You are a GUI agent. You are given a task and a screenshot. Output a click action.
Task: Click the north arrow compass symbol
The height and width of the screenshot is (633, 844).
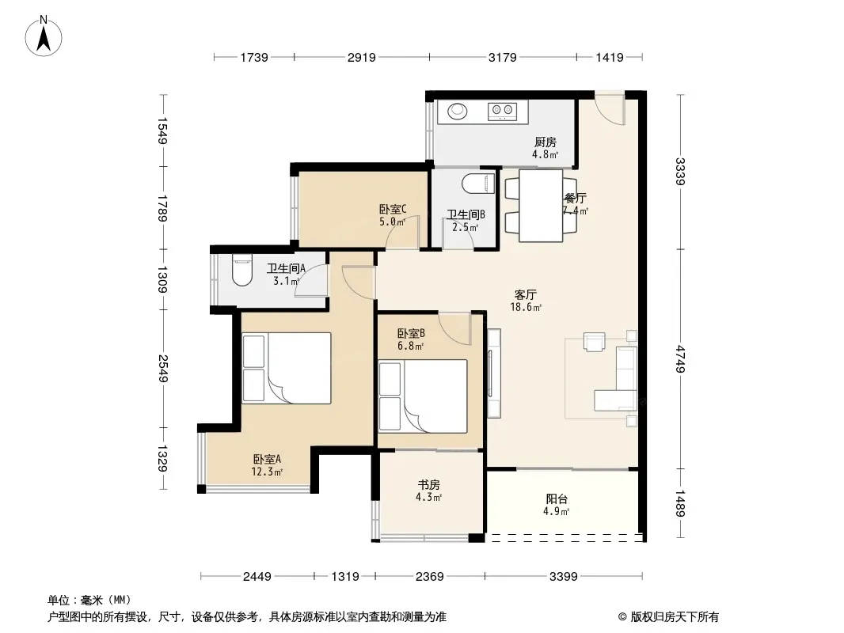44,36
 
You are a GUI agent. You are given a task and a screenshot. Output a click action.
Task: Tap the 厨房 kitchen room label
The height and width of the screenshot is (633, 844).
546,142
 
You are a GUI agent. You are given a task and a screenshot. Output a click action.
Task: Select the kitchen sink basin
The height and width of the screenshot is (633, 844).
458,112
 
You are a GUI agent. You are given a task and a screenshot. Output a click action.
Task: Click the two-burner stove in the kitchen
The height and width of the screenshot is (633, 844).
502,112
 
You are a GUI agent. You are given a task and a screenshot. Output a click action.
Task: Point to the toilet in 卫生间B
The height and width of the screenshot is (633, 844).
478,183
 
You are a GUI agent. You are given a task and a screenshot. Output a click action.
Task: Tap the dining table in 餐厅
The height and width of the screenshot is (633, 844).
541,206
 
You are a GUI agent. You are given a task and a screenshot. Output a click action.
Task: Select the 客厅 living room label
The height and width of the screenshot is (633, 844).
526,294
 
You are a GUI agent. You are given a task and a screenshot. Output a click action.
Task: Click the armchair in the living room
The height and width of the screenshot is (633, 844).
595,342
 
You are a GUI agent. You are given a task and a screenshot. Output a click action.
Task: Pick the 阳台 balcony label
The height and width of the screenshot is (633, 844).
557,499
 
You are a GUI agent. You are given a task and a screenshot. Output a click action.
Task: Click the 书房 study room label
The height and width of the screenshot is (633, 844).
428,485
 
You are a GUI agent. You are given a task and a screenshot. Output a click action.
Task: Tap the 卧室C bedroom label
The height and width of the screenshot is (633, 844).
393,209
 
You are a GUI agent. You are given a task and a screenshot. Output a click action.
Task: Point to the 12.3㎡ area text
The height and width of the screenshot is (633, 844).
267,472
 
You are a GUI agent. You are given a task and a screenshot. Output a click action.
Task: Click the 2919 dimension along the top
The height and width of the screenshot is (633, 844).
361,57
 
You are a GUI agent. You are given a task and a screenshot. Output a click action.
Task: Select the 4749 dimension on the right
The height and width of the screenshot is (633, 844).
681,358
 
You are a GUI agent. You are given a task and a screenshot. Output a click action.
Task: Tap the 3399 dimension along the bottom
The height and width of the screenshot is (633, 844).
564,577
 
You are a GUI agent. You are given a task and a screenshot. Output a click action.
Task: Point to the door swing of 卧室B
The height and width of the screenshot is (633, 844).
454,328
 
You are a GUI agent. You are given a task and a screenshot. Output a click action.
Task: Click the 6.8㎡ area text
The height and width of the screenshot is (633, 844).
411,346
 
